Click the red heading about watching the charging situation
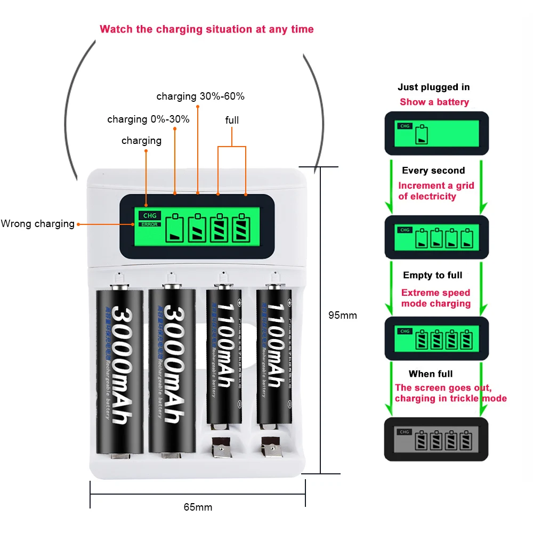pyautogui.click(x=207, y=29)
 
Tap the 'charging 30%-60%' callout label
pyautogui.click(x=200, y=96)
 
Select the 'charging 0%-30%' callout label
pyautogui.click(x=148, y=119)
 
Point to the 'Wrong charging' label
pyautogui.click(x=37, y=224)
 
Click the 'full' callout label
pyautogui.click(x=232, y=120)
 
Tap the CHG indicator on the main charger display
pyautogui.click(x=148, y=216)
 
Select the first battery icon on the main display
pyautogui.click(x=176, y=228)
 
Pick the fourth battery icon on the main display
pyautogui.click(x=243, y=228)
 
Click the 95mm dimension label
pyautogui.click(x=342, y=316)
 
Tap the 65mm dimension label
pyautogui.click(x=198, y=507)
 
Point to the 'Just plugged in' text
pyautogui.click(x=434, y=87)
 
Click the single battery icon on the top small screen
pyautogui.click(x=422, y=135)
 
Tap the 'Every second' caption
pyautogui.click(x=433, y=171)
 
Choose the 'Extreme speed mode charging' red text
pyautogui.click(x=436, y=298)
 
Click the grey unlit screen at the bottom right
pyautogui.click(x=436, y=439)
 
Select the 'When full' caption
pyautogui.click(x=431, y=374)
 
